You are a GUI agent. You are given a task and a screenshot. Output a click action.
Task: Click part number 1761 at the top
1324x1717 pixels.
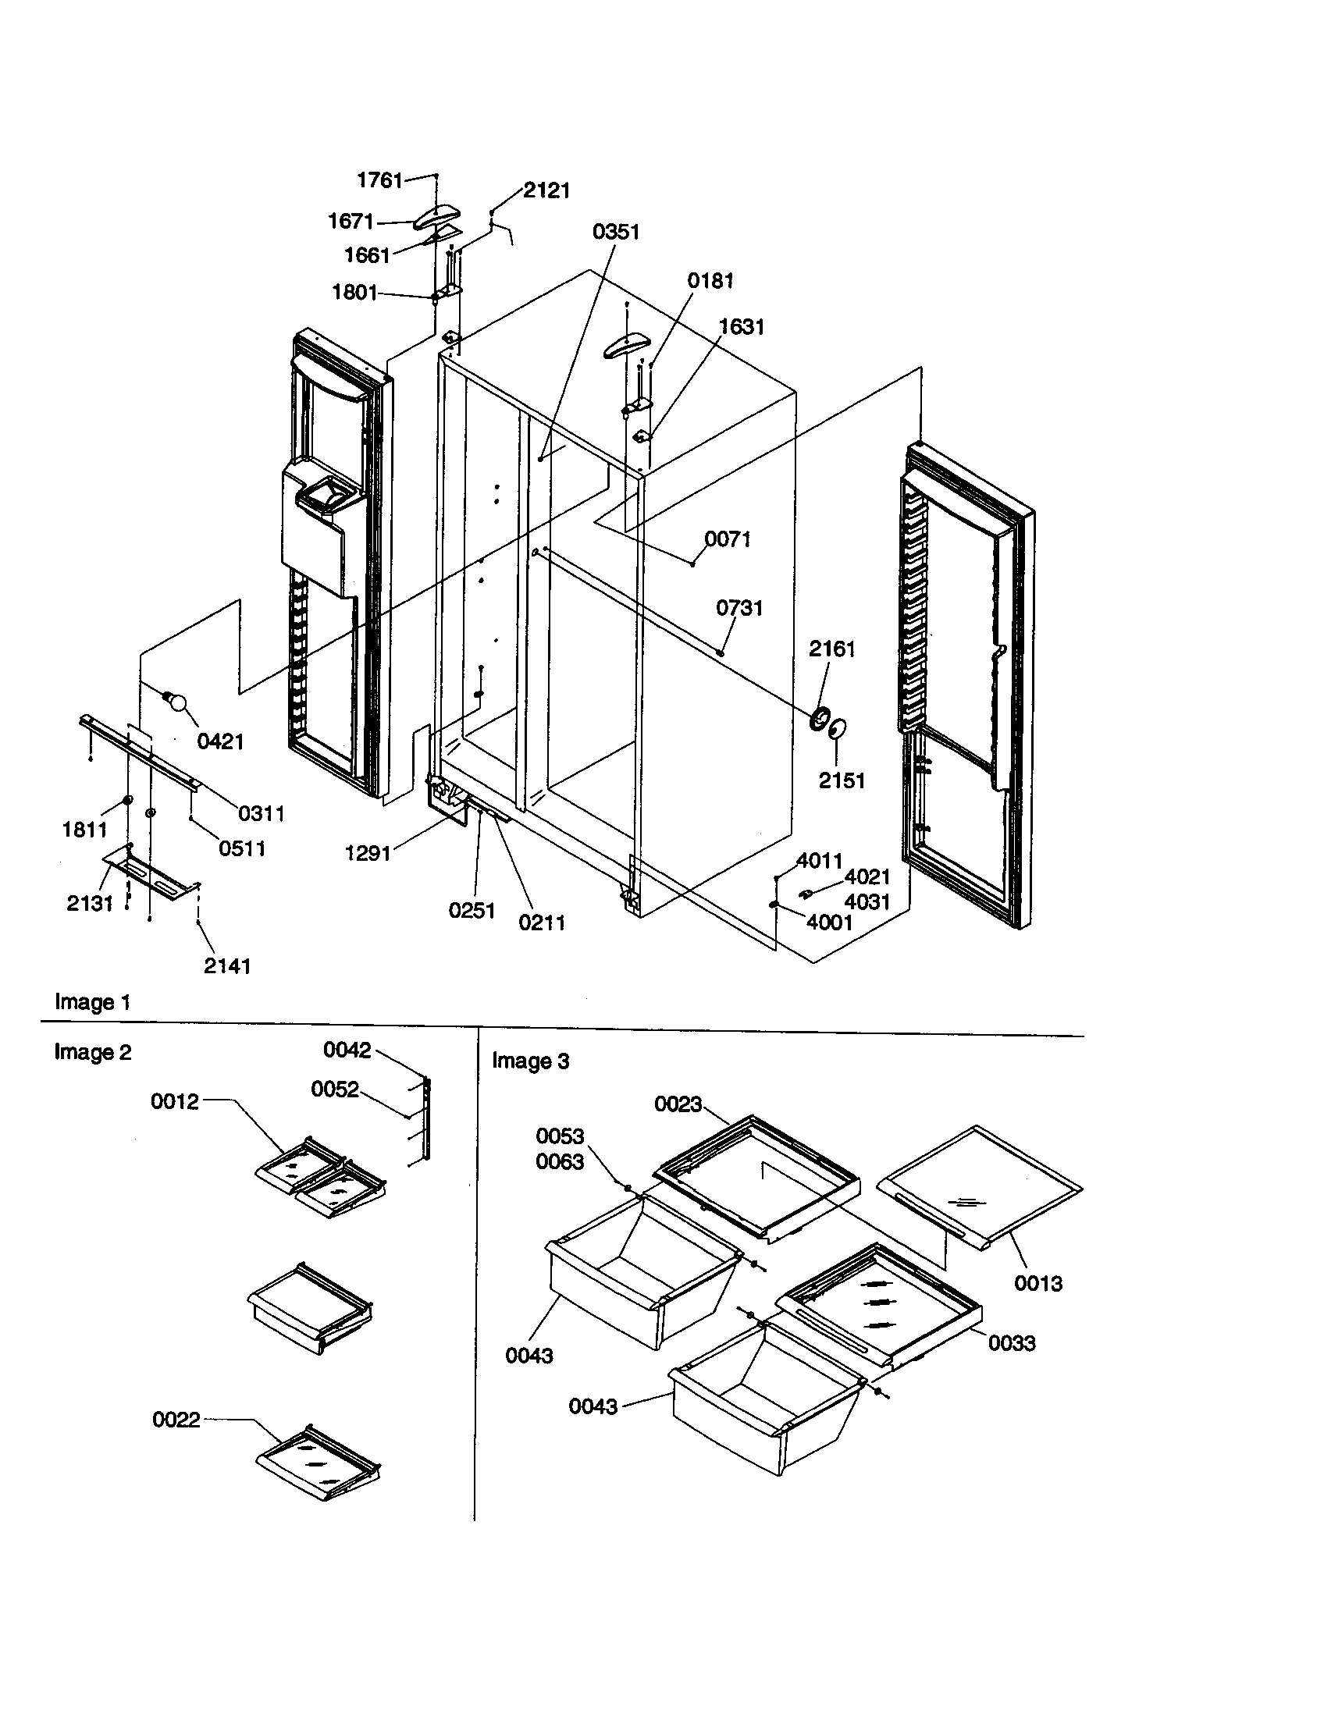click(379, 180)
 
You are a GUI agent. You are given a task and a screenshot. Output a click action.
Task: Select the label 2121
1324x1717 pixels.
click(546, 190)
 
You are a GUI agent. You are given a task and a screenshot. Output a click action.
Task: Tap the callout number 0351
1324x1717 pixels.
click(616, 232)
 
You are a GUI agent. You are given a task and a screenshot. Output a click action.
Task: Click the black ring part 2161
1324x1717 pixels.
click(820, 717)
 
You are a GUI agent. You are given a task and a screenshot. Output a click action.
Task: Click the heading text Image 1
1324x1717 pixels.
click(92, 1002)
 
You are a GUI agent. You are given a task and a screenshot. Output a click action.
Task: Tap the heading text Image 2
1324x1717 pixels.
click(92, 1052)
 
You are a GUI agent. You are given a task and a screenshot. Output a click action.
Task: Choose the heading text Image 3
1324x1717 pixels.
click(530, 1061)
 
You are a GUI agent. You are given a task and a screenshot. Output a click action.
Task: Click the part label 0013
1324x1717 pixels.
click(1037, 1283)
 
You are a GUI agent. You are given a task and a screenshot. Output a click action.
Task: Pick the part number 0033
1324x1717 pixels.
click(1011, 1343)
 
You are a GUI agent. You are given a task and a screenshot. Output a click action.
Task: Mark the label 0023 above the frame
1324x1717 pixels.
click(678, 1104)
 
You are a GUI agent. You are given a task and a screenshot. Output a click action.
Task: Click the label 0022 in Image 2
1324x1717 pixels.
click(176, 1420)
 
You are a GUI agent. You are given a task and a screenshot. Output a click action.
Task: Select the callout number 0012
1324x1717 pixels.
click(175, 1101)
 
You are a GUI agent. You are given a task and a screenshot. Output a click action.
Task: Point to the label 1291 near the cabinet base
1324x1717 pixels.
click(368, 853)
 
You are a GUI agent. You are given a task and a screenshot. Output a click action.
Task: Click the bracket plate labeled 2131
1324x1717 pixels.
click(149, 873)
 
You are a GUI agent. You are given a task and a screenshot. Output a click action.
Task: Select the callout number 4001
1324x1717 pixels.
click(830, 922)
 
